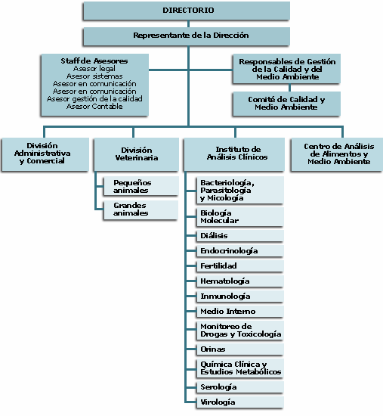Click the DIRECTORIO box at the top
click(x=187, y=11)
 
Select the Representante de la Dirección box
click(x=187, y=36)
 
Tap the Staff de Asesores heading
click(x=94, y=61)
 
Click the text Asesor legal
click(x=94, y=68)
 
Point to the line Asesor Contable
click(x=94, y=107)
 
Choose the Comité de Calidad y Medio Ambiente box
click(x=286, y=104)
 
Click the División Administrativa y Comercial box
click(x=45, y=154)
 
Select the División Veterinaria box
click(x=137, y=154)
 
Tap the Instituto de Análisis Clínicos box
click(x=234, y=154)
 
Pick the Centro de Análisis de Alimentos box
click(x=337, y=154)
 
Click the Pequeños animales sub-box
click(x=141, y=186)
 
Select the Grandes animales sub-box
click(x=141, y=210)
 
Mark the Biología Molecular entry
click(x=240, y=217)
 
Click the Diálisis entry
click(x=240, y=235)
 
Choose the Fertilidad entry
click(x=240, y=265)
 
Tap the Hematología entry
click(x=240, y=281)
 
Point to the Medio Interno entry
click(x=240, y=311)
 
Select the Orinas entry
click(x=240, y=349)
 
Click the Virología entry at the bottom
click(x=240, y=402)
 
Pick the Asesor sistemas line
click(x=94, y=76)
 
